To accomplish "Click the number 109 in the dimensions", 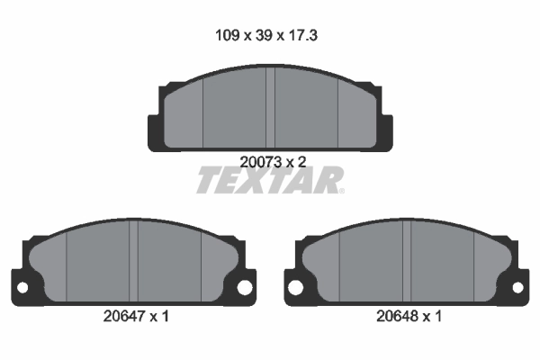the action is (227, 35).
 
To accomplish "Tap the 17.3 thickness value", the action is (302, 35).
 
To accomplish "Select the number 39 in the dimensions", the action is (264, 35).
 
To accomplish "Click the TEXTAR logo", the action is (269, 180).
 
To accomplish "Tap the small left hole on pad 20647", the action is (22, 287).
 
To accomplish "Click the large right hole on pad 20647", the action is (245, 287).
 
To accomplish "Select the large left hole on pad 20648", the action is (295, 287).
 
